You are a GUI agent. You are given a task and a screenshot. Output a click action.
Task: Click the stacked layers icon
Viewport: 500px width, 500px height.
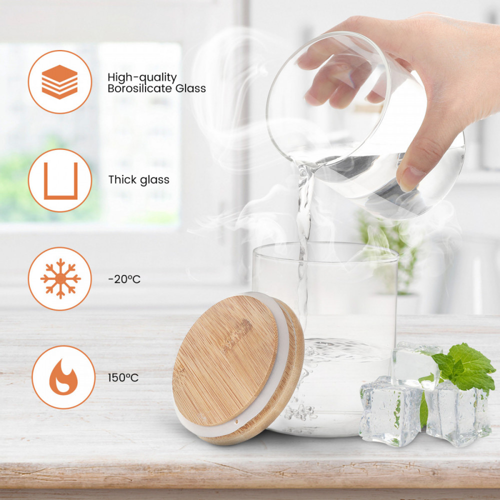point(59,82)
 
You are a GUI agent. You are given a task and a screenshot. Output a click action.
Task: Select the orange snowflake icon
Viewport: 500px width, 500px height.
point(60,278)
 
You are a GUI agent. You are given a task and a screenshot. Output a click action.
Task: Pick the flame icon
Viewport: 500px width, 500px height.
point(63,377)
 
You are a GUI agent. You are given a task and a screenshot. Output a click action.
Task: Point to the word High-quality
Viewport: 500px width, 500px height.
point(142,78)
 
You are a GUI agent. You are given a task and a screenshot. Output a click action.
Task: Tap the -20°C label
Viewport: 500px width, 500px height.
point(124,279)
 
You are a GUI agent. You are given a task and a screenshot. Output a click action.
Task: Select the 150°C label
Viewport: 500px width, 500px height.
point(123,377)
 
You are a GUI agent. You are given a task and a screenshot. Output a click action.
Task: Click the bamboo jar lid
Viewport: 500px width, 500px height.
point(237,368)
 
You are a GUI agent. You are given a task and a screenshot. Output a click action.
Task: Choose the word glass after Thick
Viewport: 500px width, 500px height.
point(154,180)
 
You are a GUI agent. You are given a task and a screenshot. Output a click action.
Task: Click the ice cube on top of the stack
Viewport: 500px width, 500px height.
point(414,365)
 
